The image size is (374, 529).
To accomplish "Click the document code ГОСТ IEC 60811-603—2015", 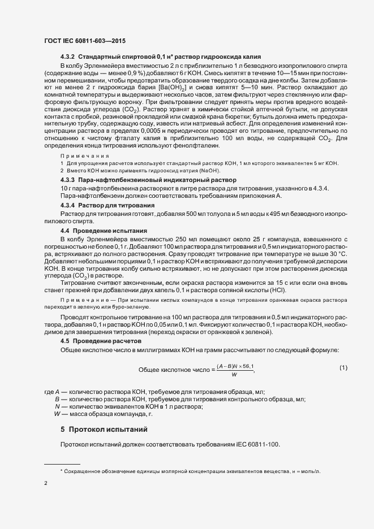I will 84,41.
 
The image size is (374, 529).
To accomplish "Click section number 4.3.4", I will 67,205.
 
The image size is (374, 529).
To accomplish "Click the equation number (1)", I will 343,368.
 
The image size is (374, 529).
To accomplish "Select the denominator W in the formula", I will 234,374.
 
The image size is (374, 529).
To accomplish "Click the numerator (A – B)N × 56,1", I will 234,367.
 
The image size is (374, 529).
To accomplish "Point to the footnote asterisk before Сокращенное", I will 62,471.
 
